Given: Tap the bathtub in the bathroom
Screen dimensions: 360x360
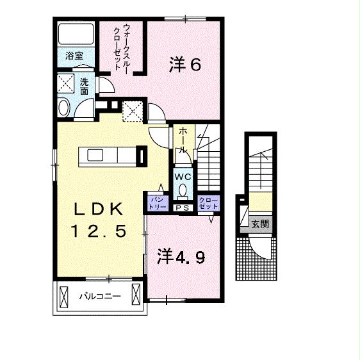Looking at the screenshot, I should point(76,35).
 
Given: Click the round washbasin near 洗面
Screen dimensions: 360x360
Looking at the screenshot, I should point(64,108).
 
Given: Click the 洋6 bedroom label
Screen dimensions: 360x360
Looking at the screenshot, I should point(186,64).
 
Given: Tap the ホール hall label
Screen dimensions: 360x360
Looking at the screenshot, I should point(183,140).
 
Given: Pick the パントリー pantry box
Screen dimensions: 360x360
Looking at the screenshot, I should point(158,203).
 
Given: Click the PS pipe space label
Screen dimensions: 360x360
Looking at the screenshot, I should point(182,208).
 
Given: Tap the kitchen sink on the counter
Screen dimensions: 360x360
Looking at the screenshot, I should point(94,155).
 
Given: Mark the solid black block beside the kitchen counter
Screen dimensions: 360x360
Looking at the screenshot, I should point(141,156).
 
